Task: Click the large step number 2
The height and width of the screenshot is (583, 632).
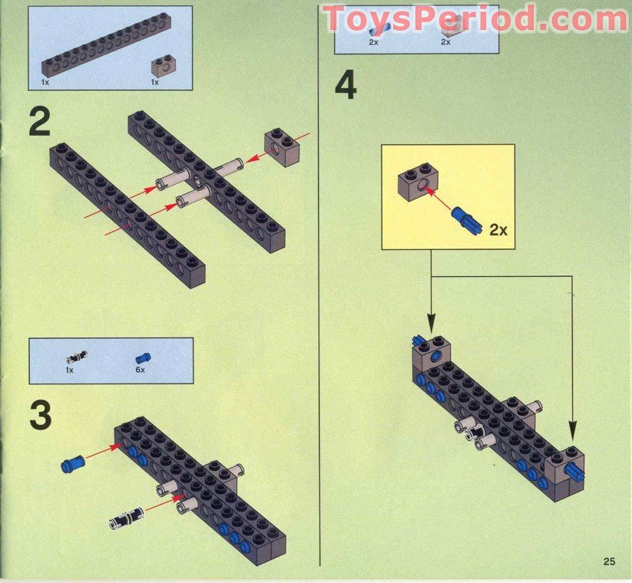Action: pos(40,123)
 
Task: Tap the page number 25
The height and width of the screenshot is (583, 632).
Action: pos(609,561)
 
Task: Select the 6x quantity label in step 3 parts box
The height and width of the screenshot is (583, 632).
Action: pos(141,370)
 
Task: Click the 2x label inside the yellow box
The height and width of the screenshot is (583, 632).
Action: pos(498,230)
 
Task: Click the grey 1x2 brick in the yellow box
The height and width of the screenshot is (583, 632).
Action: pos(419,182)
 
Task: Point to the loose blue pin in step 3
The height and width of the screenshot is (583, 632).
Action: pos(72,463)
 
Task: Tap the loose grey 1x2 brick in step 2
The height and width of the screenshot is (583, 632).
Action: pos(282,147)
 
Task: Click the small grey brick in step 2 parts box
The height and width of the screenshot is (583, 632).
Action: pos(161,67)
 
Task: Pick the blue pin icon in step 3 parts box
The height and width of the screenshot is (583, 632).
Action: pos(143,357)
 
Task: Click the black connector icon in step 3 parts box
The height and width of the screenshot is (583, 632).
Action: pos(77,356)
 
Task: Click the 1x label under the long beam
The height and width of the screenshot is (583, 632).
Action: pos(45,82)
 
